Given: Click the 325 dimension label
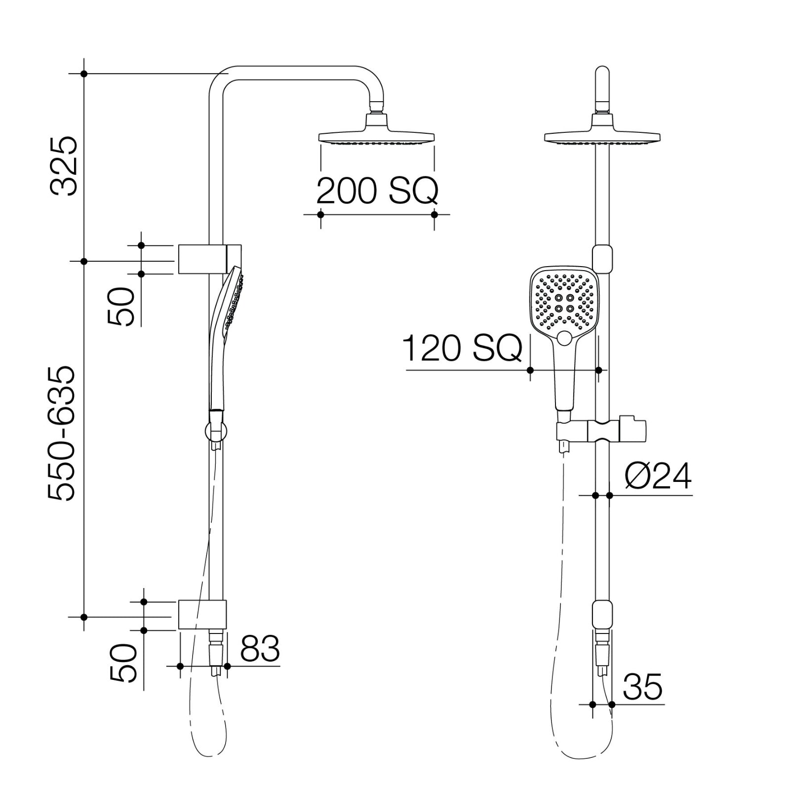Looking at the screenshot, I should click(64, 166).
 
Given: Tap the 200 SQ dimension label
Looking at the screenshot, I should click(377, 191).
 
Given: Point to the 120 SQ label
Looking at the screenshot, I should click(462, 349).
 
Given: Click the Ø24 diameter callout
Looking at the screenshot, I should click(658, 476).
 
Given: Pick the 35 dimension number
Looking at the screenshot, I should click(642, 687).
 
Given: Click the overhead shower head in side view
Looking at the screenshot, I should click(377, 136).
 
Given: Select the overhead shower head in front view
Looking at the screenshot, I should click(602, 137).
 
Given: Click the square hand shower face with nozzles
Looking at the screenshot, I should click(564, 302).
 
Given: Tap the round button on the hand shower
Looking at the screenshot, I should click(564, 339).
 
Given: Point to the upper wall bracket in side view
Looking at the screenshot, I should click(202, 259).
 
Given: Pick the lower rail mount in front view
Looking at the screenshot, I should click(602, 614).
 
